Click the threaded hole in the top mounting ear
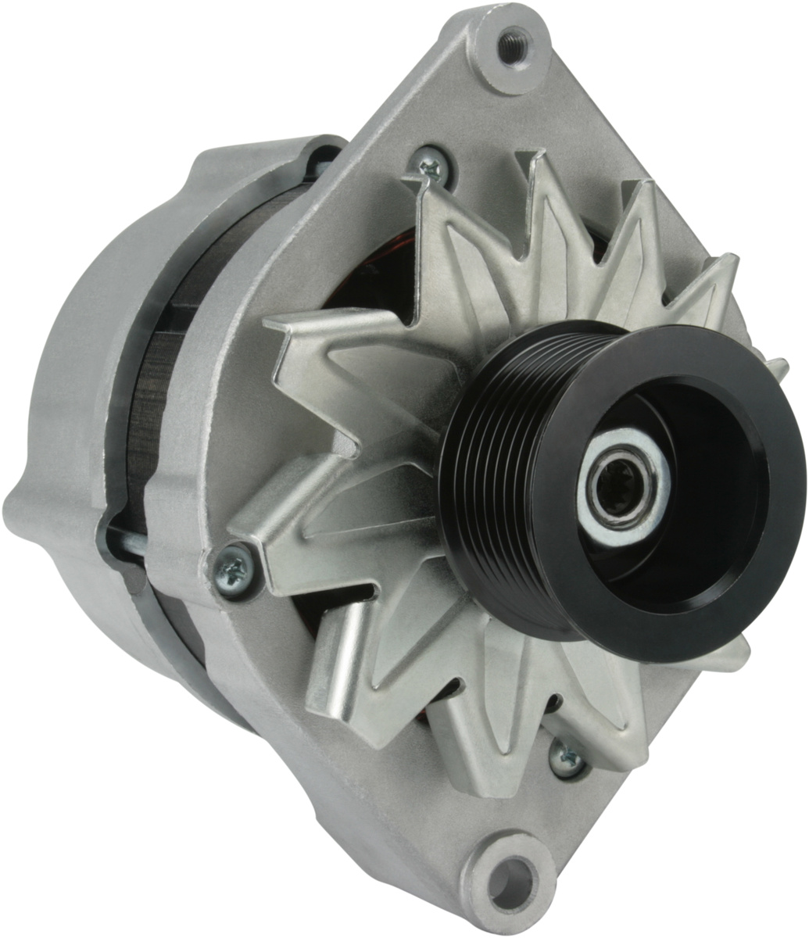513,45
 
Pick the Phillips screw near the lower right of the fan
567,756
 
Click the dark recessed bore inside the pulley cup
703,469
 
